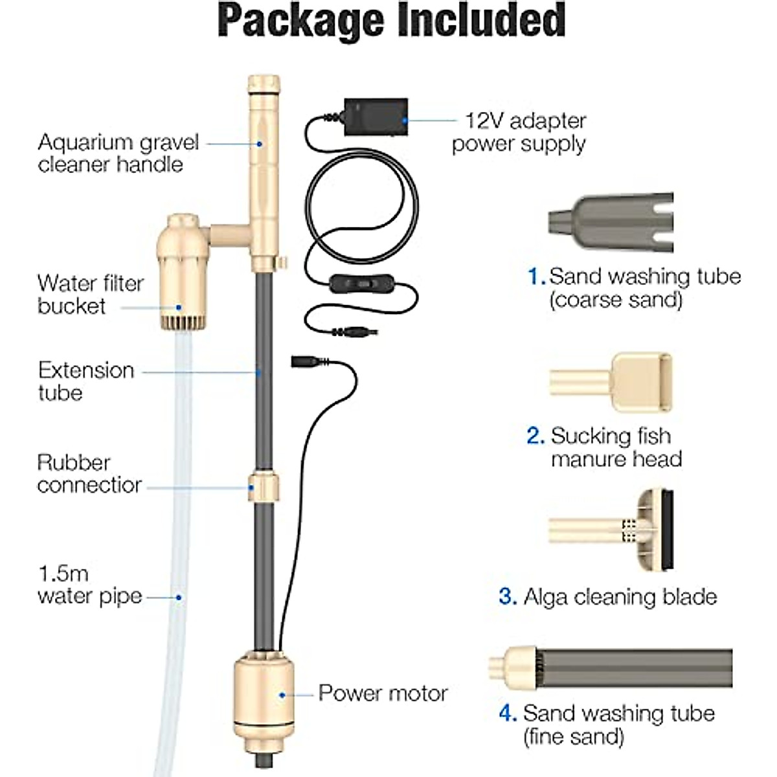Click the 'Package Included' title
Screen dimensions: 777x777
[392, 21]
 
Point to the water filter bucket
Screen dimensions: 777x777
[179, 272]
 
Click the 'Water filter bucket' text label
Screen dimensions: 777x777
[91, 294]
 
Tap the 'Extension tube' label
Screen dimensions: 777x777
[86, 381]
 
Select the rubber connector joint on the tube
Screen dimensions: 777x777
[264, 487]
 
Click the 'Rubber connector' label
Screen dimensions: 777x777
[89, 474]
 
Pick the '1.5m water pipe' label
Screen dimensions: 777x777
[89, 585]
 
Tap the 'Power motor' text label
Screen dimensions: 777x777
[383, 693]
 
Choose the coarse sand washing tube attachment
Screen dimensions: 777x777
[611, 222]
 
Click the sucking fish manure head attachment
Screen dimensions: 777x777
[612, 383]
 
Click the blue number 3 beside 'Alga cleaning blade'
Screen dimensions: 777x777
[508, 596]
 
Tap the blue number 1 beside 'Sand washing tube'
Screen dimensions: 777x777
[536, 276]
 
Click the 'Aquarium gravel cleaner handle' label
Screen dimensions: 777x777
[118, 153]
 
